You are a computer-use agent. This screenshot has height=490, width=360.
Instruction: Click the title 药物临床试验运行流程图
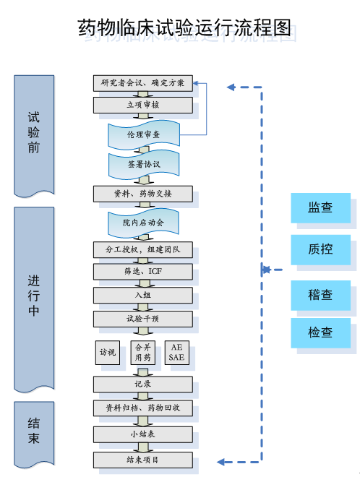pyautogui.click(x=184, y=27)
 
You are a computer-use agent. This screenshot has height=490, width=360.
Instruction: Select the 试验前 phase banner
pyautogui.click(x=34, y=136)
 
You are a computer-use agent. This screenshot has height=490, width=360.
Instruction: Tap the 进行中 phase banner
pyautogui.click(x=34, y=299)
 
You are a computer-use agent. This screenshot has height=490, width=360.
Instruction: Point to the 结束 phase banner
pyautogui.click(x=34, y=434)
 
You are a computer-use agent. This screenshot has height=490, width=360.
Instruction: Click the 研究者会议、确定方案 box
pyautogui.click(x=143, y=83)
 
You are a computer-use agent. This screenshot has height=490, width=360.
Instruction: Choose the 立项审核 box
pyautogui.click(x=143, y=105)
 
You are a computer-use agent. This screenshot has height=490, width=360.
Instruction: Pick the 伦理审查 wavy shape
pyautogui.click(x=144, y=134)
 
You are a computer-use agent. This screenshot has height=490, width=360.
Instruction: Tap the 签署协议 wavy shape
pyautogui.click(x=144, y=164)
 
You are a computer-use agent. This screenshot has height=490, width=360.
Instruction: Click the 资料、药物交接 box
pyautogui.click(x=143, y=194)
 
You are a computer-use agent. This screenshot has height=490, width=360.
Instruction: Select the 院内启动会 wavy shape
pyautogui.click(x=143, y=223)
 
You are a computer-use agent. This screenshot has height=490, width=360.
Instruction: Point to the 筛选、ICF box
pyautogui.click(x=143, y=272)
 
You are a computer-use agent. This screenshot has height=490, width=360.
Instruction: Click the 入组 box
pyautogui.click(x=143, y=296)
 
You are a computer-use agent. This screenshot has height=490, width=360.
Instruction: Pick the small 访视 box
pyautogui.click(x=108, y=353)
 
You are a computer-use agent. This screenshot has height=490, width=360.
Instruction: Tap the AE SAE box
pyautogui.click(x=177, y=353)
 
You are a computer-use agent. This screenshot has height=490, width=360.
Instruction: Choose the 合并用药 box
pyautogui.click(x=143, y=353)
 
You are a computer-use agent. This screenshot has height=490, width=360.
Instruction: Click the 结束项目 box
pyautogui.click(x=143, y=460)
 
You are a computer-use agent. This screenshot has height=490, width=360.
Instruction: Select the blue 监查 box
pyautogui.click(x=321, y=208)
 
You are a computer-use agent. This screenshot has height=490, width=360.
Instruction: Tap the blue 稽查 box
pyautogui.click(x=321, y=296)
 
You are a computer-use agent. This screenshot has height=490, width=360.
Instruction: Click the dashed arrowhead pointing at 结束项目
pyautogui.click(x=220, y=462)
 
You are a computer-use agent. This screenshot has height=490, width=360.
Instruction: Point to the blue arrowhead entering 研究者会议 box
pyautogui.click(x=196, y=83)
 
